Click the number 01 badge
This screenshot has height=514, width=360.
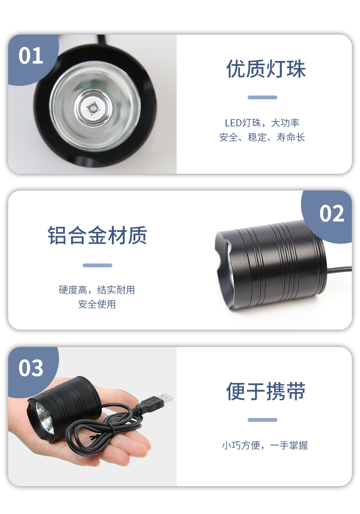pyautogui.click(x=31, y=56)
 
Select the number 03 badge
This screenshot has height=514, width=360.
pyautogui.click(x=31, y=368)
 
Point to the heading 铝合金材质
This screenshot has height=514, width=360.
pyautogui.click(x=97, y=235)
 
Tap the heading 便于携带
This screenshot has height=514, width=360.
pyautogui.click(x=266, y=391)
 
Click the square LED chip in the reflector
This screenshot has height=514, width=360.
pyautogui.click(x=93, y=108)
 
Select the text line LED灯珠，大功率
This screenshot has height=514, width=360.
pyautogui.click(x=262, y=123)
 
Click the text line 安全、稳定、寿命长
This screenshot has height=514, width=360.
pyautogui.click(x=262, y=137)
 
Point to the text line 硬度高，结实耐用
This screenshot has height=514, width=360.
pyautogui.click(x=97, y=290)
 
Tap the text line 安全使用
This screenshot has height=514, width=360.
pyautogui.click(x=97, y=304)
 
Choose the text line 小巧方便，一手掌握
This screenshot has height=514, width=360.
pyautogui.click(x=265, y=445)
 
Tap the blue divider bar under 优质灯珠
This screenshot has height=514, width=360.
pyautogui.click(x=262, y=97)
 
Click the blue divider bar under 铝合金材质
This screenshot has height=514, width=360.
pyautogui.click(x=97, y=265)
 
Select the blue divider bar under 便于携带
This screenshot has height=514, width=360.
pyautogui.click(x=262, y=420)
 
